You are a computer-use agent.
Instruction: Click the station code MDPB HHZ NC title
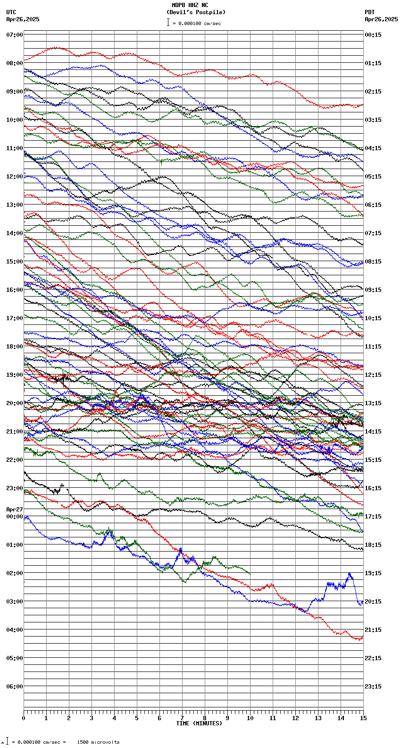[x=190, y=5]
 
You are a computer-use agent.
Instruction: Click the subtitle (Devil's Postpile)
[x=196, y=12]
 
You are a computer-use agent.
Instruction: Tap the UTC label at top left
[x=11, y=12]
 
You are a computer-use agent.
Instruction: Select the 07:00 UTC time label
[x=15, y=35]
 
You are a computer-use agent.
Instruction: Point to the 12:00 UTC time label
[x=15, y=177]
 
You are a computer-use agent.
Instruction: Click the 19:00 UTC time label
[x=15, y=375]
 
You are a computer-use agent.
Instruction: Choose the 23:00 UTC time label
[x=15, y=488]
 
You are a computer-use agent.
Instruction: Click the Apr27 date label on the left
[x=15, y=510]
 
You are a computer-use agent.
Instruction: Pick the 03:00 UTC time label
[x=15, y=602]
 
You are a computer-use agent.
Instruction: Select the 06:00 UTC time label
[x=15, y=687]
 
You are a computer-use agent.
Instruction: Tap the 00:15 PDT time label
[x=373, y=35]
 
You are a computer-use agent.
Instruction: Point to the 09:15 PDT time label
[x=373, y=290]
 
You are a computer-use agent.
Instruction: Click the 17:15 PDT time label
[x=373, y=517]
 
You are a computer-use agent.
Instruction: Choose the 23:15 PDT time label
[x=373, y=687]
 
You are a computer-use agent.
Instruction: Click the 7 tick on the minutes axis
[x=182, y=718]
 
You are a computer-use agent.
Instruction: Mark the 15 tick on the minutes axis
[x=363, y=718]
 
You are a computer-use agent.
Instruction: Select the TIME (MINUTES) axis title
[x=199, y=723]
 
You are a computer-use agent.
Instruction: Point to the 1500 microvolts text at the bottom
[x=98, y=742]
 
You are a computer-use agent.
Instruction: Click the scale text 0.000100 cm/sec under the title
[x=199, y=23]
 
